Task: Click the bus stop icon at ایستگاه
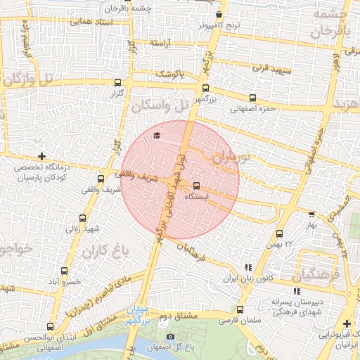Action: [x=195, y=186]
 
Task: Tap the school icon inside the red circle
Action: [x=156, y=135]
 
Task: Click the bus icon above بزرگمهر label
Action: [x=205, y=89]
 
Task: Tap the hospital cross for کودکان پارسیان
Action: [x=42, y=156]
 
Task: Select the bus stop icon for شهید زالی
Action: [x=83, y=218]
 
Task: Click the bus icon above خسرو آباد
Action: [x=65, y=271]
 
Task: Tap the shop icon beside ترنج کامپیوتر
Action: [x=219, y=14]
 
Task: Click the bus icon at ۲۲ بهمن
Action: [x=280, y=233]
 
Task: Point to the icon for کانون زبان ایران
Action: [x=247, y=267]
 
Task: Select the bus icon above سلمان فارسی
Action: [x=240, y=309]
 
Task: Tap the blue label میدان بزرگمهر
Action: [x=139, y=315]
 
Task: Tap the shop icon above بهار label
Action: [x=311, y=214]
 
